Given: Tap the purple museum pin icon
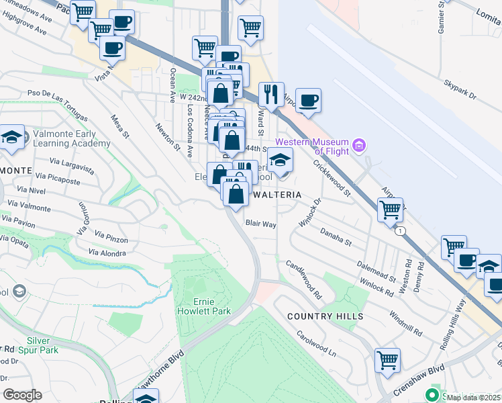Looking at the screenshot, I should pos(360,145).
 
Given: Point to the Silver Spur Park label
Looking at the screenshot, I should pos(43,345).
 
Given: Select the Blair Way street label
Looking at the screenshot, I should pos(261,224).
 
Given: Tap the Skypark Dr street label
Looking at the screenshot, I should pos(459,92).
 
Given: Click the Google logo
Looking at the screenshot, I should pos(22,395).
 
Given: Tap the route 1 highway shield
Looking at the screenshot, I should pos(401,230).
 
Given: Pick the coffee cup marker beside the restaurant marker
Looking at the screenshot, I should pos(308,100).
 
